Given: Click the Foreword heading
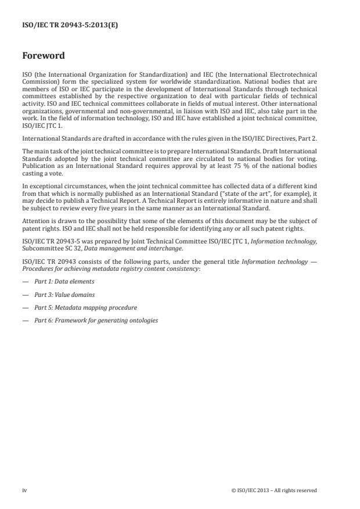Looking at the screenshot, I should (44, 56).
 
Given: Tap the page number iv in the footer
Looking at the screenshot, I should (24, 490).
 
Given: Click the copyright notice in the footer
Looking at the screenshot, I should (273, 490).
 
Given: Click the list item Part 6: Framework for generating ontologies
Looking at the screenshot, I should (96, 320).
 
